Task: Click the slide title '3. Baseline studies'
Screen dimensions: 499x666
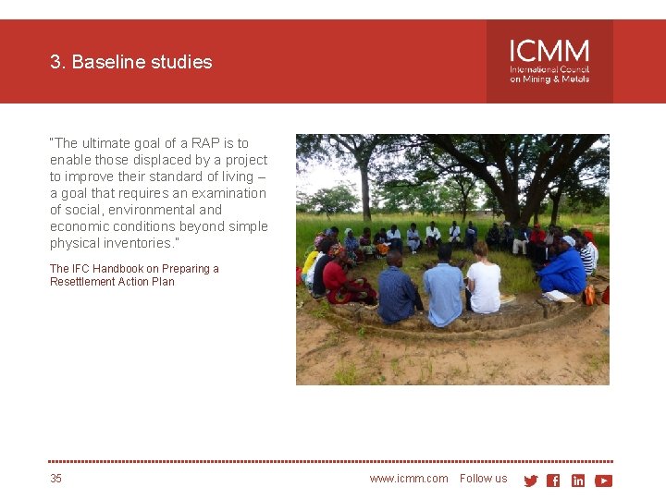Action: click(x=131, y=62)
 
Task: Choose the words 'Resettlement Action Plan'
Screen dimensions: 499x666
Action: click(x=112, y=282)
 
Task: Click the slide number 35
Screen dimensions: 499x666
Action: click(x=56, y=479)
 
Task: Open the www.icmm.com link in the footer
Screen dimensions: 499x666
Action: click(x=408, y=479)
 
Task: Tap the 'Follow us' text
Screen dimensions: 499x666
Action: click(x=483, y=479)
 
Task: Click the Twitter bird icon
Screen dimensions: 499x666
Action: click(x=530, y=481)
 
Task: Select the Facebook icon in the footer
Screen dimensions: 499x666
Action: click(x=553, y=481)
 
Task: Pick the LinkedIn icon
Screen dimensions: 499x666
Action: click(x=578, y=481)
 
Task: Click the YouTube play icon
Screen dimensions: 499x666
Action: click(x=603, y=481)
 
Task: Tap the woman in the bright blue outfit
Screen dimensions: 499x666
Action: click(x=564, y=270)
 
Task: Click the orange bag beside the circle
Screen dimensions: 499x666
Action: click(x=588, y=295)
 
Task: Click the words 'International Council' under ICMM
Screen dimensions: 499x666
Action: click(x=549, y=69)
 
